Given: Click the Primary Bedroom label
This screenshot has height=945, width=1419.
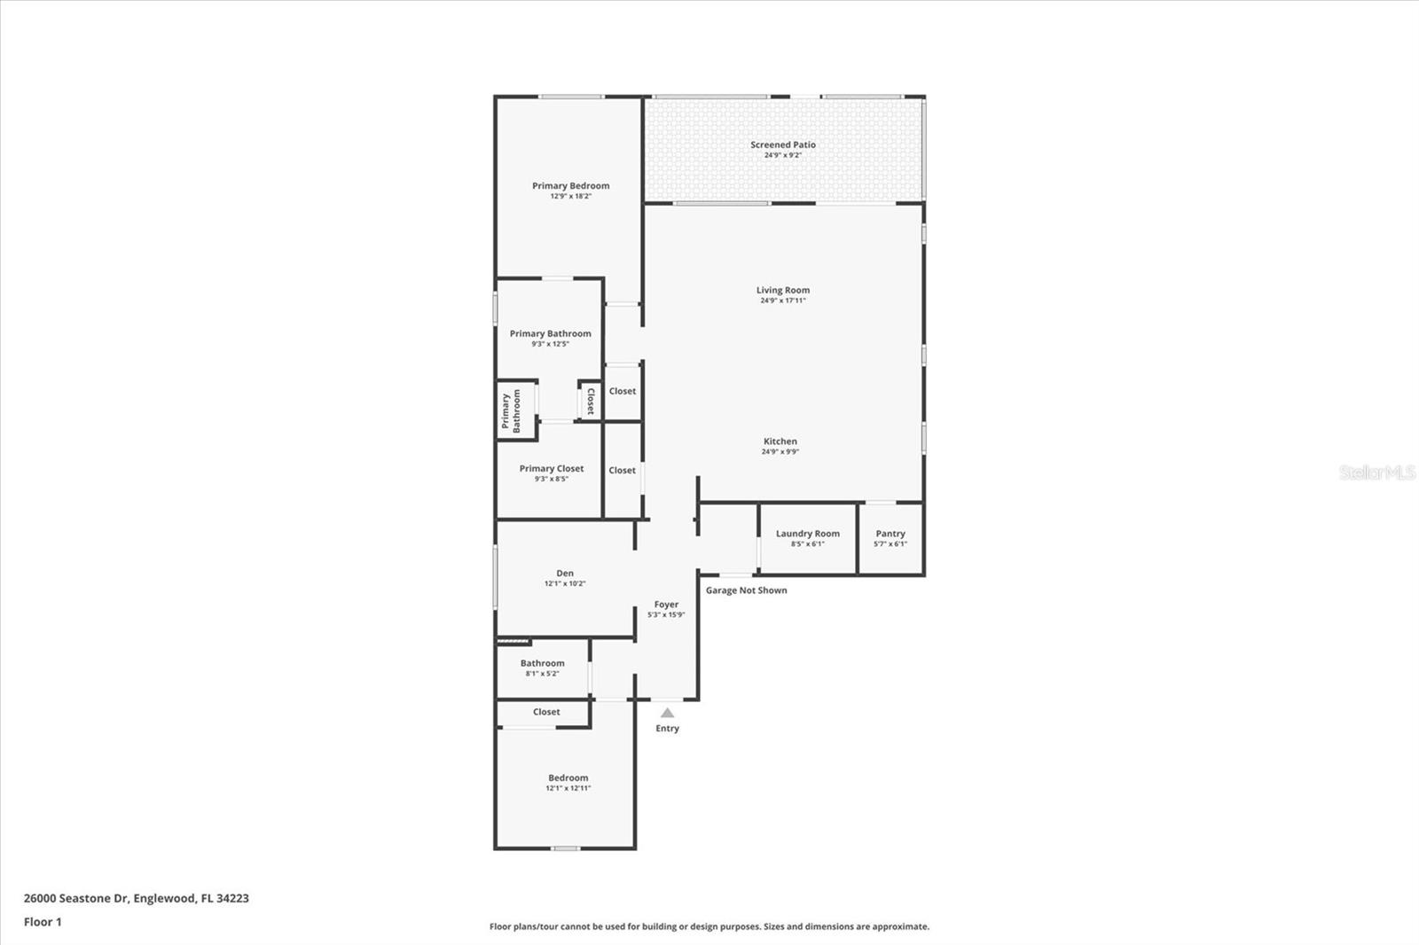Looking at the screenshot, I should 570,186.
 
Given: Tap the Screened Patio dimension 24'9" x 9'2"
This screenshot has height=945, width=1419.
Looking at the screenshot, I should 783,155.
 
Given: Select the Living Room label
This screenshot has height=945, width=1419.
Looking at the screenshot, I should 782,290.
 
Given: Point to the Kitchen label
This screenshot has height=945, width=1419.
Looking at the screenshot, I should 780,441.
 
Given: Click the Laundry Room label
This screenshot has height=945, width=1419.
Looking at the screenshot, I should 807,534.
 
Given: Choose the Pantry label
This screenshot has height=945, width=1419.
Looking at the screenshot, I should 890,534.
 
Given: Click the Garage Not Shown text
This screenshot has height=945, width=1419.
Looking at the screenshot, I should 746,590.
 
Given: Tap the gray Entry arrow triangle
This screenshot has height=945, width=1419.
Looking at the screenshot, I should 667,713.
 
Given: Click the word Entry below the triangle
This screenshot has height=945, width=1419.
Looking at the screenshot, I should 667,729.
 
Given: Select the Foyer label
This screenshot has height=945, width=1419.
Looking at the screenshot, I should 666,605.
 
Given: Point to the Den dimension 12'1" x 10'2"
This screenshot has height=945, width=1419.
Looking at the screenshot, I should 565,584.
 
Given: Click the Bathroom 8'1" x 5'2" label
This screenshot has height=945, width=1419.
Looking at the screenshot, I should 542,663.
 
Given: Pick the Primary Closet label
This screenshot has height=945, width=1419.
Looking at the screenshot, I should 552,469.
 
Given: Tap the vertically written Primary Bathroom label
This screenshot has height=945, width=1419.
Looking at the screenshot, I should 511,411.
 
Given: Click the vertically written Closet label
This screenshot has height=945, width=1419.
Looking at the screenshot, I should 591,401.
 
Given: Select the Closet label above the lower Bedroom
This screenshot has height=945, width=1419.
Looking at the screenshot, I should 546,712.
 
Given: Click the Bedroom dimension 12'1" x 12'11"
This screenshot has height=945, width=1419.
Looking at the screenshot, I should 568,788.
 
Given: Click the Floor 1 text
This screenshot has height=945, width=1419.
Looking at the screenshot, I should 43,922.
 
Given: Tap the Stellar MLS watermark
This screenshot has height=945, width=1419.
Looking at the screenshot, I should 1376,472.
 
